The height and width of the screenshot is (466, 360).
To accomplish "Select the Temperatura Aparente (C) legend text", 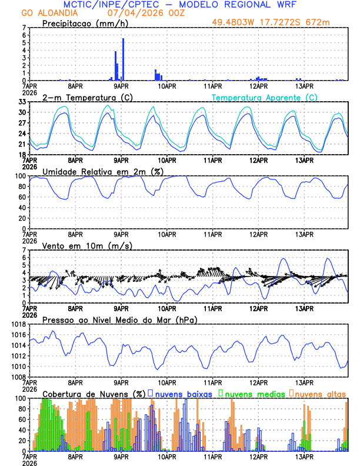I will tap(265, 97).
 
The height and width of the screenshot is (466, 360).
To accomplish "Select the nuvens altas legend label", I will tap(320, 394).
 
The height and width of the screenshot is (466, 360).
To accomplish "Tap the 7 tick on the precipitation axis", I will tap(24, 28).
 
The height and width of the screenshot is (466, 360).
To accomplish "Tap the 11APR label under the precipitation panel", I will tap(212, 85).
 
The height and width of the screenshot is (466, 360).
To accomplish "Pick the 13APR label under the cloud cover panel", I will tap(304, 456).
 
